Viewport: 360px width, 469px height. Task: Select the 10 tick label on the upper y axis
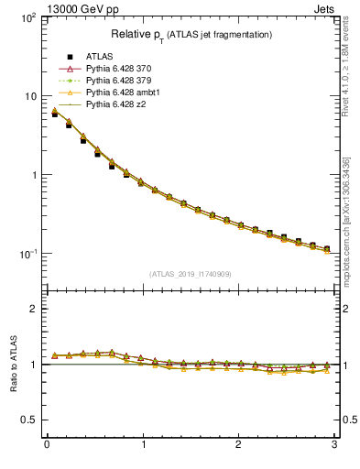(29, 96)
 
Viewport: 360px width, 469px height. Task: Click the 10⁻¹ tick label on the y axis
(26, 254)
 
